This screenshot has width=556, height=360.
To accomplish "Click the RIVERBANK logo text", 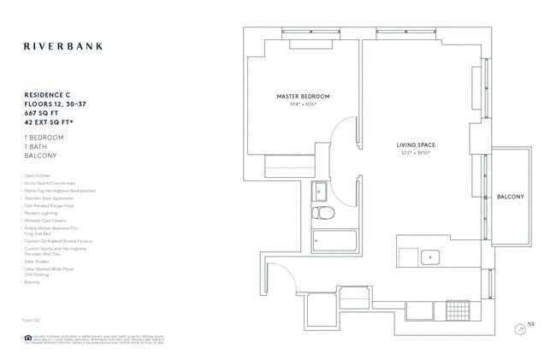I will tap(62, 46).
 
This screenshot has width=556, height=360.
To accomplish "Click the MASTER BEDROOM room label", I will tap(303, 97).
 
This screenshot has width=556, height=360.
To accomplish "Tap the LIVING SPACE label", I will tap(417, 145).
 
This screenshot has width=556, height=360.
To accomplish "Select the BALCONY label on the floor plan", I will tap(511, 198).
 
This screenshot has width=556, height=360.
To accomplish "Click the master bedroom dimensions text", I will tap(303, 106).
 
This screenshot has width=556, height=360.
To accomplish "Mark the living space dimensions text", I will tap(417, 155).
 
